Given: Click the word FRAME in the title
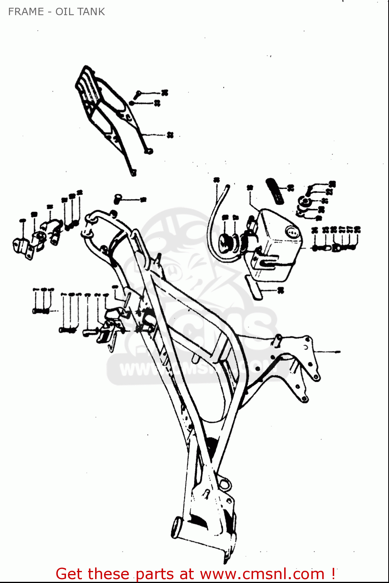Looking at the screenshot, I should click(26, 12).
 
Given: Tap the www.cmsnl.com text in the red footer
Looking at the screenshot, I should click(262, 574).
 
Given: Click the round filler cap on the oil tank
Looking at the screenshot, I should click(291, 232).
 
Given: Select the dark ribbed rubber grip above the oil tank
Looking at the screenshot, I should click(275, 190).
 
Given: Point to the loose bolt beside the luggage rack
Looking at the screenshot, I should click(137, 94).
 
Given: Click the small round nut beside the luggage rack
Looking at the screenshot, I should click(132, 103).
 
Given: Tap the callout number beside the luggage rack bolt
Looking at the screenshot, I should click(165, 93).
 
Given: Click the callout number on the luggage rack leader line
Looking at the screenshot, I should click(170, 135).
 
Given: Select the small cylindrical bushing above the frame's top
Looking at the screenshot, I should click(118, 199).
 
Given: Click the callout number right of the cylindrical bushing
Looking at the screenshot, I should click(143, 199).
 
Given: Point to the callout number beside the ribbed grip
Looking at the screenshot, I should click(291, 188).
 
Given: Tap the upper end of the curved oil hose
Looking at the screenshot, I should click(227, 188).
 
